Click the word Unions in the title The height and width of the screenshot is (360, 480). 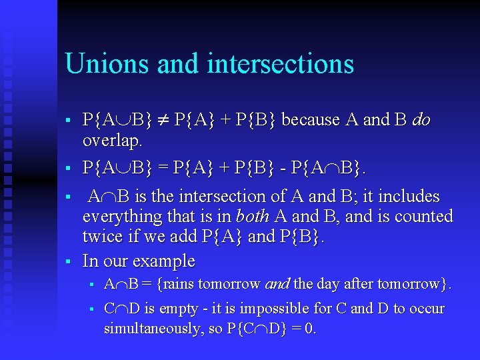coord(107,63)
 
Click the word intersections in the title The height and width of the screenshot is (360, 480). coord(280,63)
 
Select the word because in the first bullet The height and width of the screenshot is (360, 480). coord(311,121)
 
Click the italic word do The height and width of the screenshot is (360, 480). coord(421,121)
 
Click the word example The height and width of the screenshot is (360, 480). coord(164,261)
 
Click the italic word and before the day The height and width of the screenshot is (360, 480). coord(277,285)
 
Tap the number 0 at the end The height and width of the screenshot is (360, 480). coord(311,329)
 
